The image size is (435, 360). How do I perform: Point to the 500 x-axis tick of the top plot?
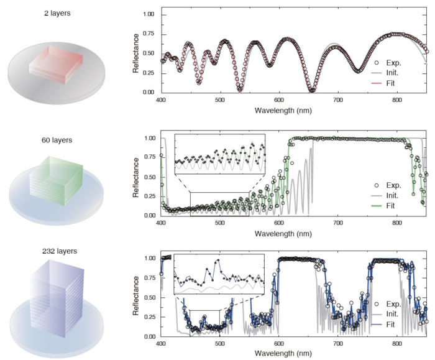coord(220,100)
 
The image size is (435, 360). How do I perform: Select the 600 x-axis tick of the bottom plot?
coord(279,343)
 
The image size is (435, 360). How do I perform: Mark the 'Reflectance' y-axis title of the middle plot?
coord(135,177)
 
